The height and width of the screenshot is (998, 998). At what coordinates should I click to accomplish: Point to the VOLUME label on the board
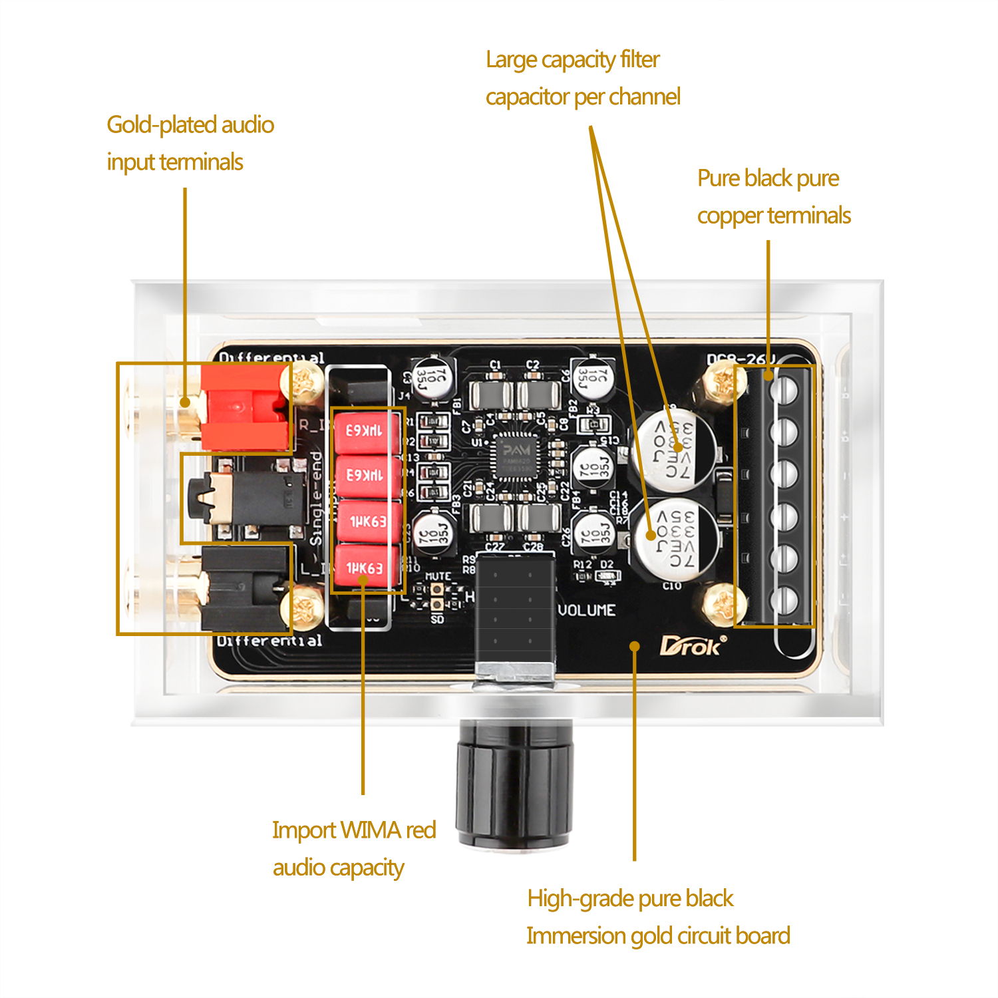586,610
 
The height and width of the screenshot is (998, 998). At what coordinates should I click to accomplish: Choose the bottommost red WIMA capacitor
367,568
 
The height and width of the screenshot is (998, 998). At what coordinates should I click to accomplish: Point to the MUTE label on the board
437,576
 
